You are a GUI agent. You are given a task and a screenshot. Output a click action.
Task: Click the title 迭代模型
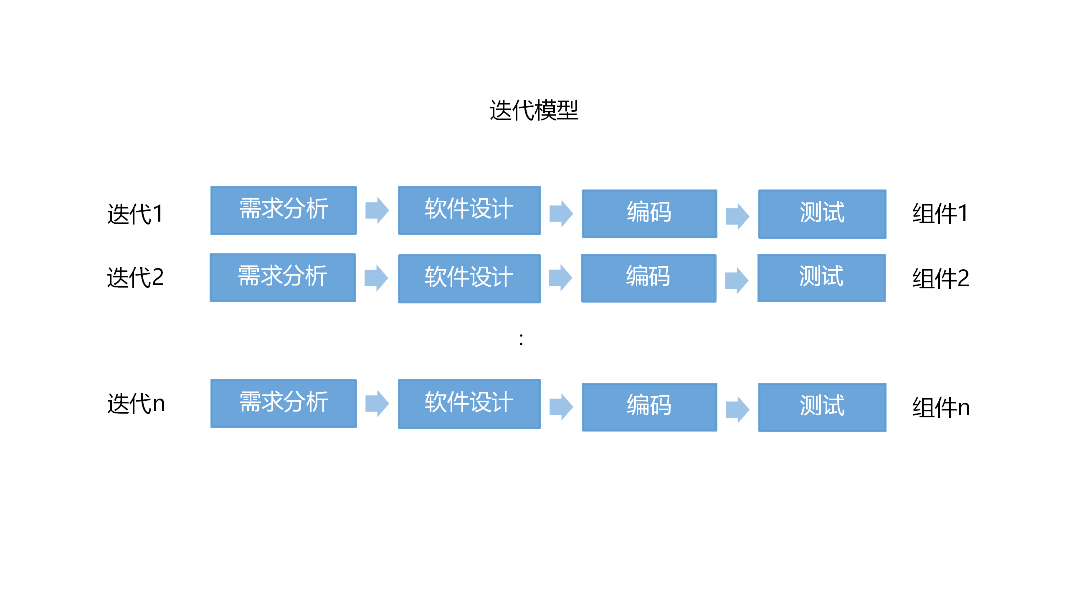coord(534,111)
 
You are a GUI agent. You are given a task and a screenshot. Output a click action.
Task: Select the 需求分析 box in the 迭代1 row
coord(284,210)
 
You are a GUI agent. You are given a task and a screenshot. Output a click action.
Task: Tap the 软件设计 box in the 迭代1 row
coord(469,210)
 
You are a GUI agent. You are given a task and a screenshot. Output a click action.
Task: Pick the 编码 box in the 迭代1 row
coord(649,214)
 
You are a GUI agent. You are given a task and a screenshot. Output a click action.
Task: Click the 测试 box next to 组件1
coord(822,214)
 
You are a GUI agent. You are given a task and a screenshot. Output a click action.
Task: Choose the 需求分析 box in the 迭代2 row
coord(283,278)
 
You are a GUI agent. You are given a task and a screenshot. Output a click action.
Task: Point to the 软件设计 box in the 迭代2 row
coord(469,278)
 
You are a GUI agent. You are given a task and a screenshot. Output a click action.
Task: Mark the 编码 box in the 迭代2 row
coord(648,278)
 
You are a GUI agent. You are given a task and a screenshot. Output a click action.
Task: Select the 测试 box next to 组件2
coord(821,278)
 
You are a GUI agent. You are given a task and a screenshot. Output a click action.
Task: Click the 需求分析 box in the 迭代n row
coord(284,403)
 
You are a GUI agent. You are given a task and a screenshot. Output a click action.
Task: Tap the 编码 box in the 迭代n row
coord(649,407)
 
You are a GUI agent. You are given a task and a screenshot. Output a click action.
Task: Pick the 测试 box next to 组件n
coord(822,407)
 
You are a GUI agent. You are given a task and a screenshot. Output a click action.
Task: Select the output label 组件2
coord(940,278)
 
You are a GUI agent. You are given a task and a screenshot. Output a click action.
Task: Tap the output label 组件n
coord(941,407)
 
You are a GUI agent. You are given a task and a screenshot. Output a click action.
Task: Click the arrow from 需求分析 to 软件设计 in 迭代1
coord(377,210)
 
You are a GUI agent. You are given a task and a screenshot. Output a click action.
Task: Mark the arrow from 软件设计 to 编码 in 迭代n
coord(561,407)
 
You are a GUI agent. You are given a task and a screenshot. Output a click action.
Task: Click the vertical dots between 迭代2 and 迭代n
coord(521,339)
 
